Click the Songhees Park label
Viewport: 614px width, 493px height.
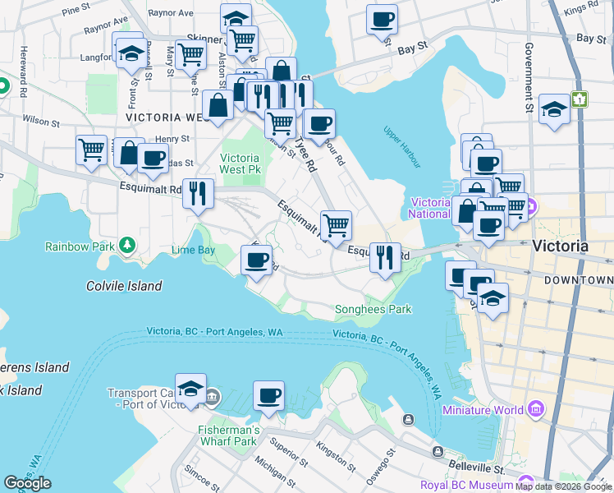(x=373, y=310)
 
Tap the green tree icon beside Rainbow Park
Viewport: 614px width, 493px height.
(x=127, y=245)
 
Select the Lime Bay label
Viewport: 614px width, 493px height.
(x=193, y=249)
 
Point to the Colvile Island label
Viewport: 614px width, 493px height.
(x=124, y=286)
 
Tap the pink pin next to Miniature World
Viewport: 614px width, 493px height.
(x=537, y=409)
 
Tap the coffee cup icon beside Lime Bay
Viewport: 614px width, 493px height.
(x=255, y=260)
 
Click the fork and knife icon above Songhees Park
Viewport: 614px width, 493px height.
(x=384, y=257)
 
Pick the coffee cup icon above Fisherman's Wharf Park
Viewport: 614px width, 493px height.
(x=268, y=396)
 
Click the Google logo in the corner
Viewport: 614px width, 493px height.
(x=27, y=483)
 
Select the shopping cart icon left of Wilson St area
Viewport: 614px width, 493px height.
(x=91, y=150)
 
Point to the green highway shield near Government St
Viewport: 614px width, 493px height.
(x=581, y=99)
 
